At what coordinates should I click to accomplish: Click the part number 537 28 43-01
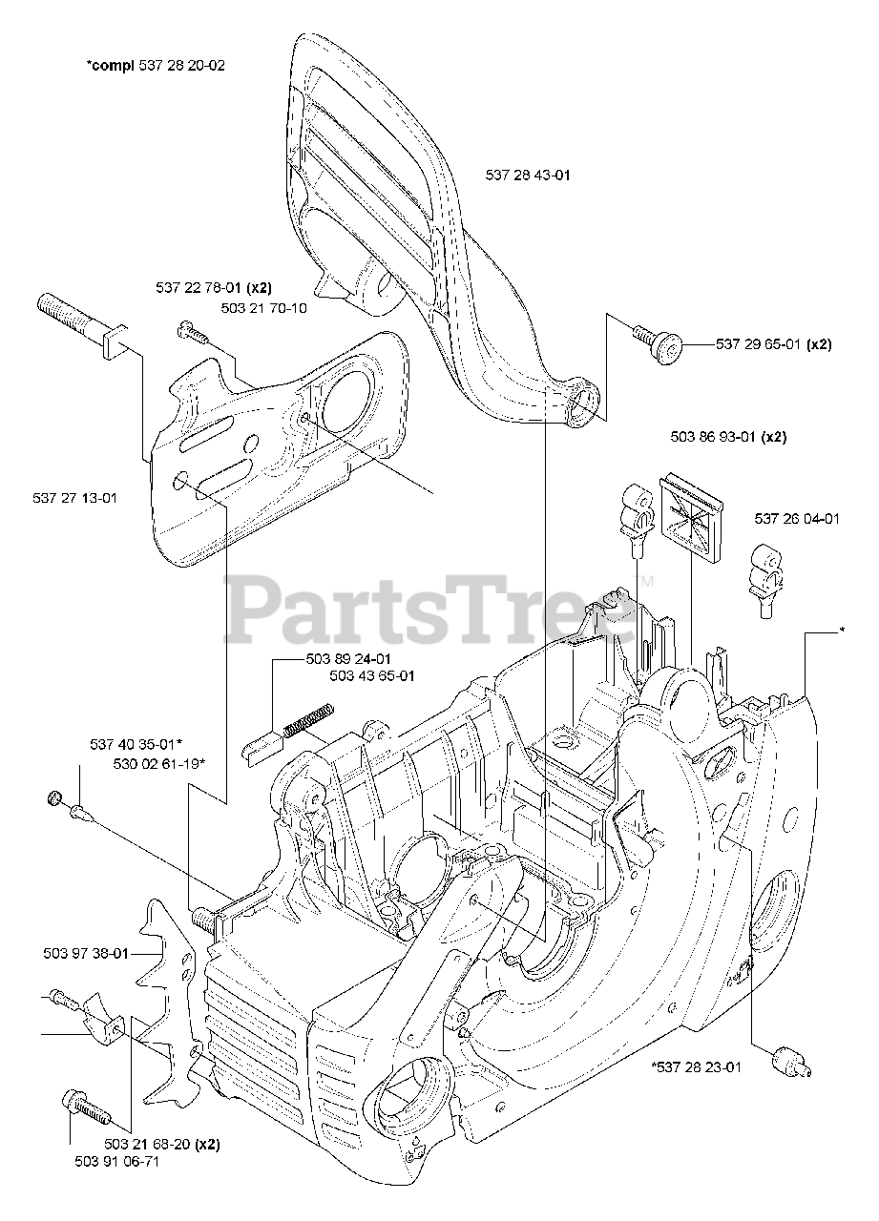pos(528,175)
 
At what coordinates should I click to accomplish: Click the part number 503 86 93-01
pos(715,437)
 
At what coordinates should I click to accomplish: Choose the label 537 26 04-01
pos(797,519)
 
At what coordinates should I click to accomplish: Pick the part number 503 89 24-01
pos(348,658)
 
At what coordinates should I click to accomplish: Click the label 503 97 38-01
pos(86,951)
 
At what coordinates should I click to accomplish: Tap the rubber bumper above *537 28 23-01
pos(791,1058)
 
